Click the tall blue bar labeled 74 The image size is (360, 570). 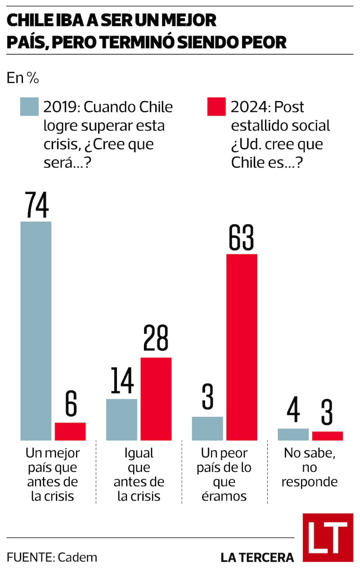click(36, 331)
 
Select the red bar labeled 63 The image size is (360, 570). click(242, 347)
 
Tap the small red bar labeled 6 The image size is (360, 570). click(70, 431)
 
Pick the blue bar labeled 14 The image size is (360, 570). click(121, 419)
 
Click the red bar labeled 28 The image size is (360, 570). click(156, 398)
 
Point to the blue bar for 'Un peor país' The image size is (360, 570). click(207, 428)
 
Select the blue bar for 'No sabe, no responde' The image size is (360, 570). click(293, 434)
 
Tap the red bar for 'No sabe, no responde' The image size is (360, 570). click(328, 436)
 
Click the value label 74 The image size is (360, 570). click(36, 205)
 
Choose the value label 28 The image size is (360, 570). click(156, 340)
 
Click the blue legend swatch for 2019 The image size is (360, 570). click(29, 107)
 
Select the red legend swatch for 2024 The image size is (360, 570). click(216, 107)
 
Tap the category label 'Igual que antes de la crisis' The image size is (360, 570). click(139, 474)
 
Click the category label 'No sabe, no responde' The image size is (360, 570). click(310, 467)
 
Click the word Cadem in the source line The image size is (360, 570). click(77, 557)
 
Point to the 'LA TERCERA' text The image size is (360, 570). click(257, 557)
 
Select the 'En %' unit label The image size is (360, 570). click(22, 78)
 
